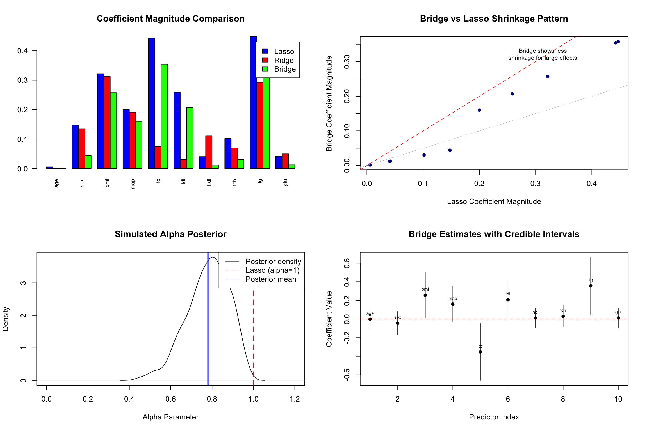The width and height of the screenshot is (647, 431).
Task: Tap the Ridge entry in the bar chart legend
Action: click(284, 60)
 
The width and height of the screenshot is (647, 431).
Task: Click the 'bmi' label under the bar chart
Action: click(107, 183)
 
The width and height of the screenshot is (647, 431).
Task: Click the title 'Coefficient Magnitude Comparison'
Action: click(170, 19)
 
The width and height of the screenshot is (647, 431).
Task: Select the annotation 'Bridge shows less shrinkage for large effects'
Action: click(543, 54)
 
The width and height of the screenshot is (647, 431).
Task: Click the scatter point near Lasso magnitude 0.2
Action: click(479, 110)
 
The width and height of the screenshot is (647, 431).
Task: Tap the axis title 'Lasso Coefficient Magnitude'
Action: click(494, 201)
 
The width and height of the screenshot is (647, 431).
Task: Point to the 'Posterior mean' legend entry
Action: click(271, 279)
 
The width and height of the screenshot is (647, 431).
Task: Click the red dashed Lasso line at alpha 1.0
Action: click(253, 337)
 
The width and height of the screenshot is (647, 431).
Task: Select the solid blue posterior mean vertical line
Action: click(208, 323)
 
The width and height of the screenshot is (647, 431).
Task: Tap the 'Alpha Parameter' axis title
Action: click(170, 417)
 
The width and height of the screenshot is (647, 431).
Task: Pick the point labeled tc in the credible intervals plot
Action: click(480, 352)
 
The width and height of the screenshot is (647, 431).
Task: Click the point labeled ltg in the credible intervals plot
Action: click(591, 286)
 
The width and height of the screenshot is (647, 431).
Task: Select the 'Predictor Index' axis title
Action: click(494, 417)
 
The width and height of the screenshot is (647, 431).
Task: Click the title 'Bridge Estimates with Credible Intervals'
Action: click(494, 234)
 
